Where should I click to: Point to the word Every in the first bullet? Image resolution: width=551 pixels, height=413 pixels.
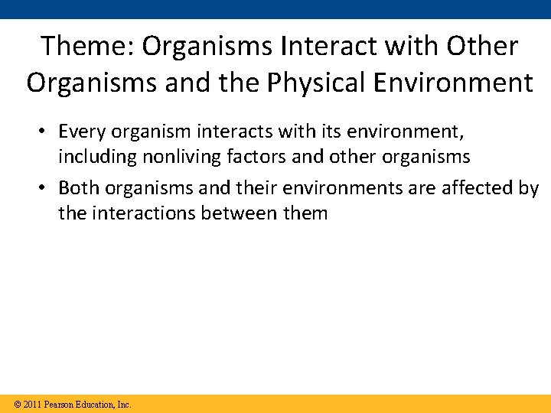tap(83, 132)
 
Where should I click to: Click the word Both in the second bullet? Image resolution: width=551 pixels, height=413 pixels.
tap(79, 188)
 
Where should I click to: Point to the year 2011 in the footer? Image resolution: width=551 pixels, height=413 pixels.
tap(32, 405)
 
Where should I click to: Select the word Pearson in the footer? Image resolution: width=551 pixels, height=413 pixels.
tap(60, 405)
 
